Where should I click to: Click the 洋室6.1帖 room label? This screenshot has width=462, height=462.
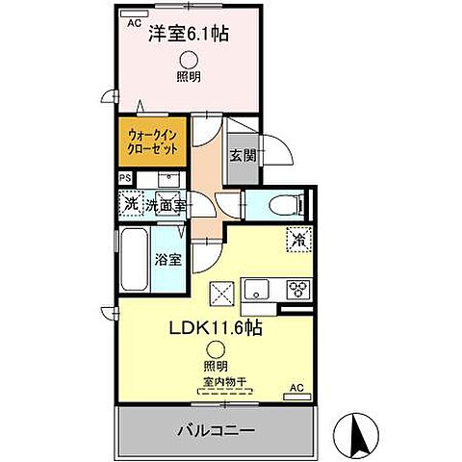[188, 35]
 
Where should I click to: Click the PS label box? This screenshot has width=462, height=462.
[124, 178]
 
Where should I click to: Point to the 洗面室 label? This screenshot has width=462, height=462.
[165, 204]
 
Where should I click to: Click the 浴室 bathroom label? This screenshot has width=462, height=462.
[166, 257]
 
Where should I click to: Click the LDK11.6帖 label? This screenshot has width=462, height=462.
[212, 326]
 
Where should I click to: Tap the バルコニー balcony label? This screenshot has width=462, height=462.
[213, 429]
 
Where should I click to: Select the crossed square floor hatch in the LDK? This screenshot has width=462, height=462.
[223, 289]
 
